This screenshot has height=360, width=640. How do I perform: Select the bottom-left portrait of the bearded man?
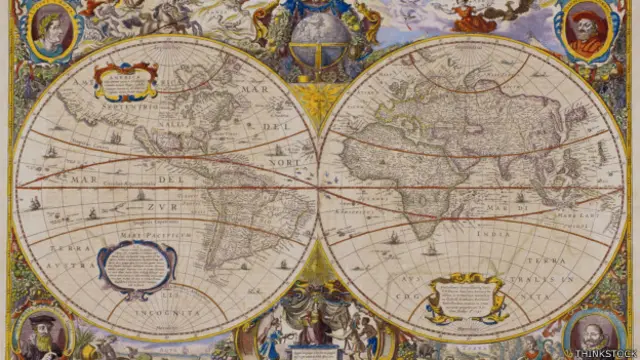42,332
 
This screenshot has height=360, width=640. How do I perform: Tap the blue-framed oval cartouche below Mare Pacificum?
136,267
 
